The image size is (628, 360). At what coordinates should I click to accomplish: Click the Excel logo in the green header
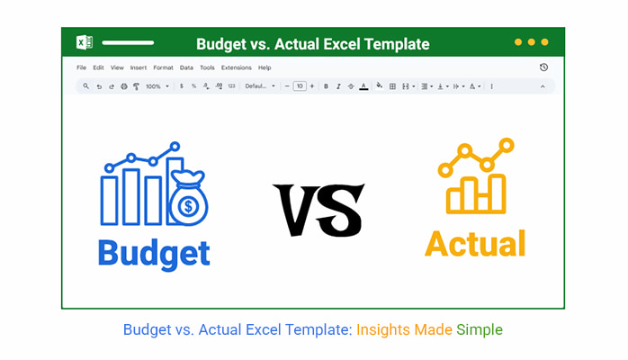point(85,42)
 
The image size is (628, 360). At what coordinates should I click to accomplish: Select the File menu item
point(81,67)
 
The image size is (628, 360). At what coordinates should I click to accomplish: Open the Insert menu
point(139,67)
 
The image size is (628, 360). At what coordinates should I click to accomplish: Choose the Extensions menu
point(237,67)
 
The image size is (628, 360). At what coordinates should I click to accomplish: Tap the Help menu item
point(265,67)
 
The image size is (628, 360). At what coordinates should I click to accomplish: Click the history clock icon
point(543,67)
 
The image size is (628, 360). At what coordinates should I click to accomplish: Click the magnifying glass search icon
point(85,86)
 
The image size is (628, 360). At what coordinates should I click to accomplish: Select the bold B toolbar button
point(326,86)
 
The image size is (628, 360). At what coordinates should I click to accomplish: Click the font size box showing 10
point(300,86)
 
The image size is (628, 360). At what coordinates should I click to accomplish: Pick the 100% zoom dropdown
point(157,86)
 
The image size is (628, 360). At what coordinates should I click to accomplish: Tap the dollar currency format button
point(182,86)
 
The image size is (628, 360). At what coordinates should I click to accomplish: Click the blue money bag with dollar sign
point(188,198)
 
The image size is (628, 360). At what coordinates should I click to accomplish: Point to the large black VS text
point(318,210)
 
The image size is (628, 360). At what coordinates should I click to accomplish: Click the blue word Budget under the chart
point(154,254)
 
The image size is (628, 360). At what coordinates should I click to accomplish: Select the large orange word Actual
point(475,244)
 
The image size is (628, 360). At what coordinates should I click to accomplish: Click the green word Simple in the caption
point(480,329)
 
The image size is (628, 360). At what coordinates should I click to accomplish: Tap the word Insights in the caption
point(383,329)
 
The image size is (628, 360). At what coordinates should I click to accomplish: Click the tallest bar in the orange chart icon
point(498,193)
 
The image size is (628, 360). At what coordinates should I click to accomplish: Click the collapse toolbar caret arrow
point(543,86)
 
